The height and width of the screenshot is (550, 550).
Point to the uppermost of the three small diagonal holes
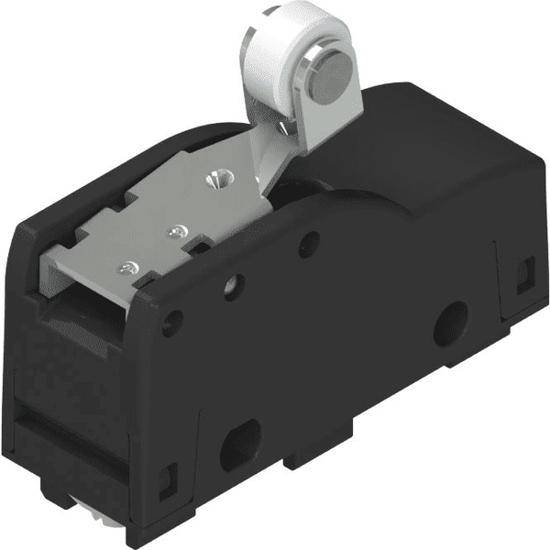310,243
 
